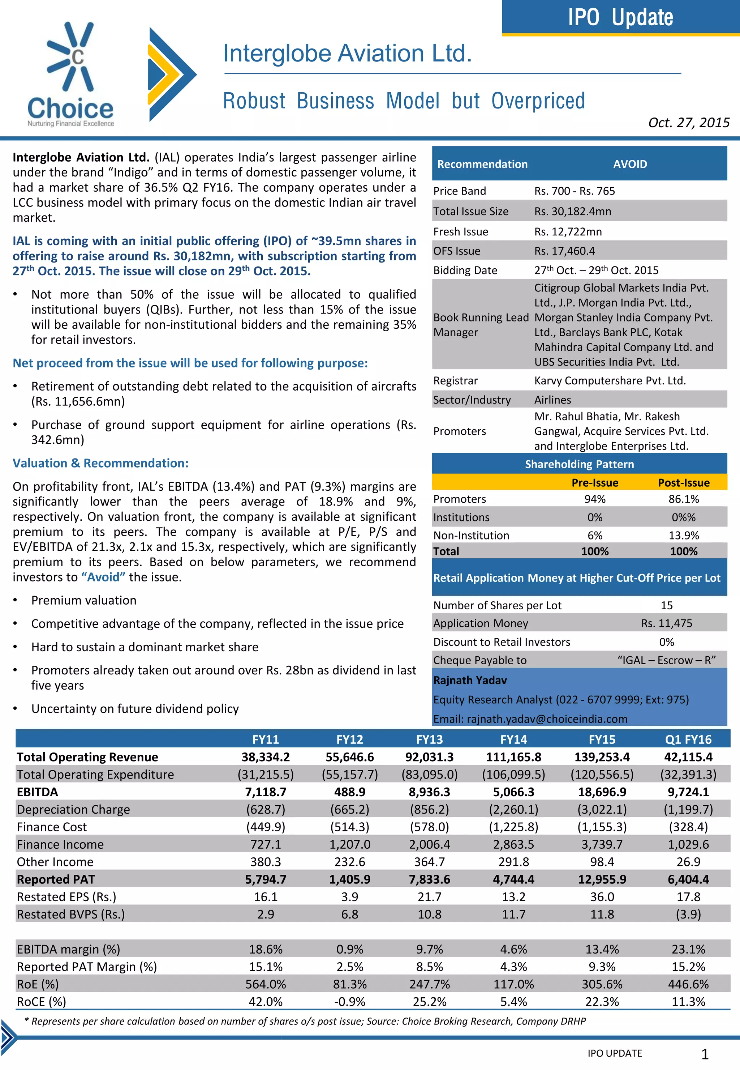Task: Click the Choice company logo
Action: click(x=70, y=74)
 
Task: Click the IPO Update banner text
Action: click(x=620, y=18)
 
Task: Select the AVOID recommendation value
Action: click(x=630, y=164)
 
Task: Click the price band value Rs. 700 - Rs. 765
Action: click(x=574, y=191)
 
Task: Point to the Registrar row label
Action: click(x=455, y=380)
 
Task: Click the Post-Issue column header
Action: click(x=683, y=483)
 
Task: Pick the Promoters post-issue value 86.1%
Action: click(x=683, y=499)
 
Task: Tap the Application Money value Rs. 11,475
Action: click(x=666, y=623)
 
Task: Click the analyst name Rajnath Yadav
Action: click(x=470, y=680)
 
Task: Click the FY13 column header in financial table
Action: click(x=429, y=739)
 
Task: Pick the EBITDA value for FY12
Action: click(x=350, y=792)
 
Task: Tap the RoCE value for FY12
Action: click(x=350, y=1001)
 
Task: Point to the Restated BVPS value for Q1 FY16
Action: click(x=688, y=914)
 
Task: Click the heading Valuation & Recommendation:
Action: click(x=100, y=463)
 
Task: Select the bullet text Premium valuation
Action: click(x=84, y=600)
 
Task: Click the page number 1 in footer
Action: click(x=704, y=1054)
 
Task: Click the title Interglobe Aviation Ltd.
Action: click(x=347, y=54)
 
